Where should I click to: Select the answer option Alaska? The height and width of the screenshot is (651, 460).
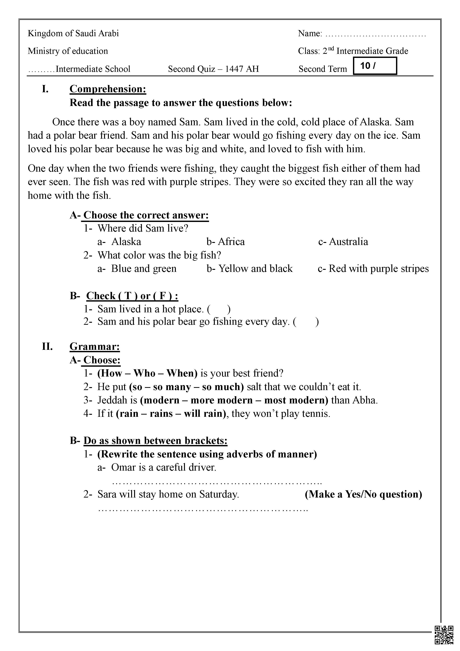(x=126, y=242)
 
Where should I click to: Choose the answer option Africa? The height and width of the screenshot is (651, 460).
(x=231, y=242)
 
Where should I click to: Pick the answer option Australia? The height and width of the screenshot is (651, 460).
(x=348, y=242)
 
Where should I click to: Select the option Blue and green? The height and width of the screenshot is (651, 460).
(x=143, y=269)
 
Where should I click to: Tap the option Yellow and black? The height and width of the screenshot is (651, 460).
(x=255, y=269)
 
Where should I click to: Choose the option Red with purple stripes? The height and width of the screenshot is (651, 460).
(x=378, y=269)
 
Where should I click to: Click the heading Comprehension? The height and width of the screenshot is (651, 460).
(x=108, y=89)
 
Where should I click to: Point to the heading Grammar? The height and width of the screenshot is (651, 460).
(x=95, y=346)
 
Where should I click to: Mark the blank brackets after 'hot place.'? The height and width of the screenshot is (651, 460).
(x=219, y=309)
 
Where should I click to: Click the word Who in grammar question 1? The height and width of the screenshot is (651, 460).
(x=144, y=373)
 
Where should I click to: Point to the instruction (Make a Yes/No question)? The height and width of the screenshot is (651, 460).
(x=363, y=495)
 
